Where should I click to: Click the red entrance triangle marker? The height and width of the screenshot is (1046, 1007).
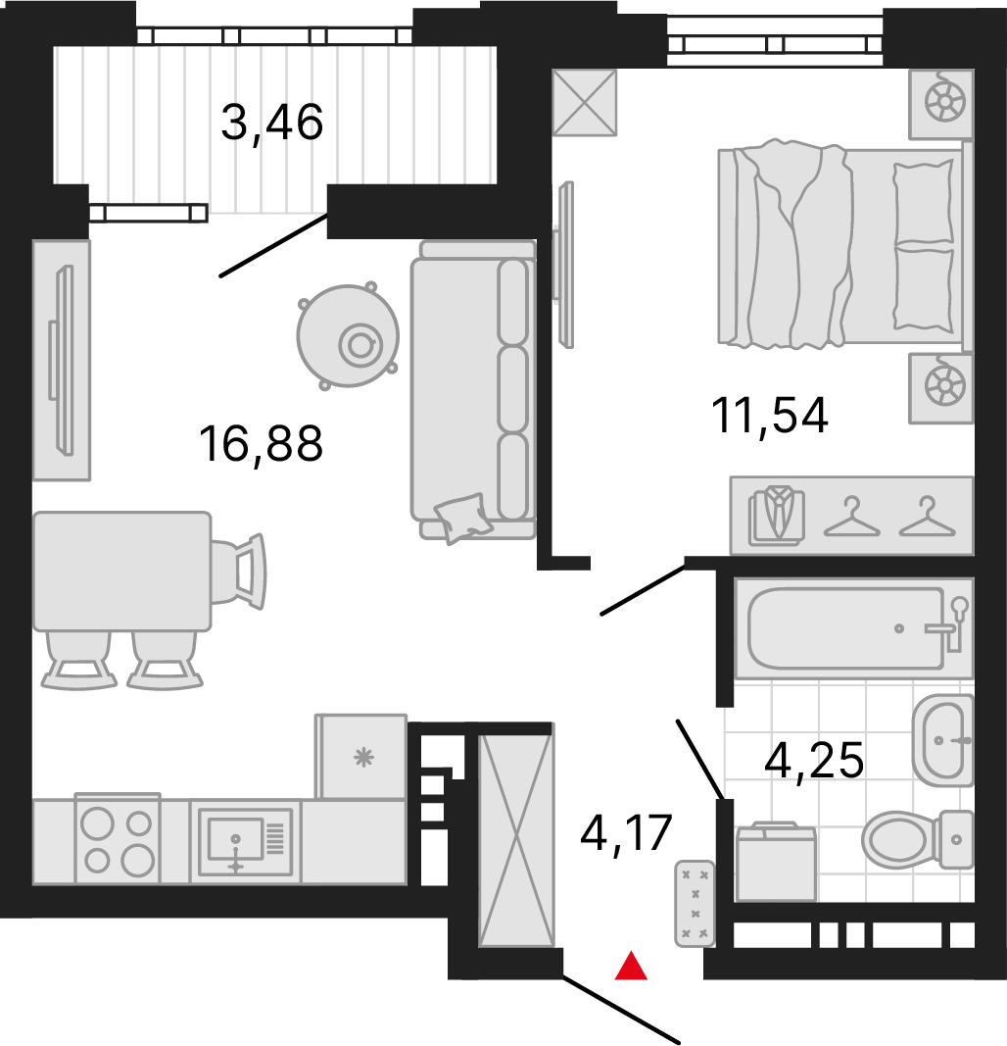631,967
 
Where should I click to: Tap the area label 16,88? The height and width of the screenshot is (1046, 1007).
261,444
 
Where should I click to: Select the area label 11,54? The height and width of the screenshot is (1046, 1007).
769,415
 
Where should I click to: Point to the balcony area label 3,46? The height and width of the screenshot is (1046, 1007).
272,123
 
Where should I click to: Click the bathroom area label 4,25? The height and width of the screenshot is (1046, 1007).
814,761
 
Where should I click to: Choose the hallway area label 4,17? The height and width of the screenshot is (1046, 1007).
626,832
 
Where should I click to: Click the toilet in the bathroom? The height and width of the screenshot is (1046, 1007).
918,839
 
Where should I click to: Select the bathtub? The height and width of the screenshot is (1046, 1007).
854,628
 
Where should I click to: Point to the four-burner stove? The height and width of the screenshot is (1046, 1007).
118,839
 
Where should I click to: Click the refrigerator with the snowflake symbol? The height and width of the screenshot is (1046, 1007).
361,757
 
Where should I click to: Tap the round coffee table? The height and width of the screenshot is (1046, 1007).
348,336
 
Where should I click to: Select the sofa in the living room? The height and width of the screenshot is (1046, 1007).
473,390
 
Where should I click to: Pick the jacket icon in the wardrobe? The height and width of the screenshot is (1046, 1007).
777,516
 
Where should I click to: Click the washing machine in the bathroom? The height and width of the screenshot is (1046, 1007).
777,862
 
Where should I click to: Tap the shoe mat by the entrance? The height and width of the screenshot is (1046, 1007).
695,903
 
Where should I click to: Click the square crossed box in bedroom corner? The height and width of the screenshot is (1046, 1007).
585,102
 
